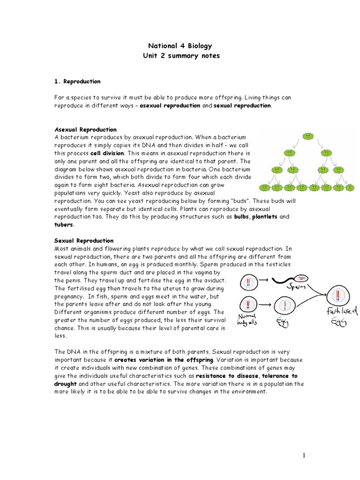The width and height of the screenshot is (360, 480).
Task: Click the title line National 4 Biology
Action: coord(180,46)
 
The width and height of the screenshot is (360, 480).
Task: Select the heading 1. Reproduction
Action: coord(77,82)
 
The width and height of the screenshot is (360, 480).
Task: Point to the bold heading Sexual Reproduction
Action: coord(84,241)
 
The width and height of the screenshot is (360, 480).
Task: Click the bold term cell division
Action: coord(108,153)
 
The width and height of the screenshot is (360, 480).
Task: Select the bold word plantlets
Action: coord(265,217)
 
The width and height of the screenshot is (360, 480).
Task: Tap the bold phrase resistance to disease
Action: coord(228,376)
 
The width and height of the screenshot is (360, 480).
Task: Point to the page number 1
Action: coord(304,455)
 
